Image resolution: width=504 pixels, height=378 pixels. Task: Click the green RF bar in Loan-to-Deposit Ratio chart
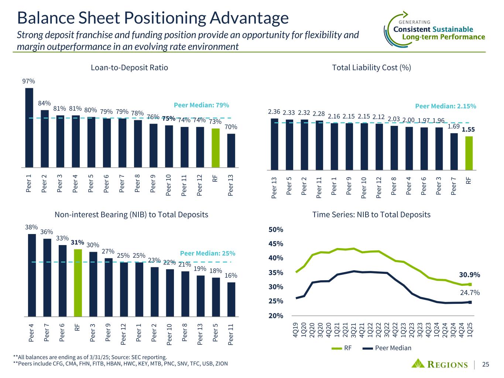(215, 148)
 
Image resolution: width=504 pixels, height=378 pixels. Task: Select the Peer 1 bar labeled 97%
(29, 127)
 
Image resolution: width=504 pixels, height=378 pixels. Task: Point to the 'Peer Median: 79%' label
(202, 105)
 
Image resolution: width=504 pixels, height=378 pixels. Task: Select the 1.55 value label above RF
(469, 130)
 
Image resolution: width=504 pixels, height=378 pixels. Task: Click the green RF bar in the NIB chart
(78, 283)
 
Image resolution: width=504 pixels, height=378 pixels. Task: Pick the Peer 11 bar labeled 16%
(231, 299)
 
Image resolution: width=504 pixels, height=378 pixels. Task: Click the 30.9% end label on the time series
(469, 275)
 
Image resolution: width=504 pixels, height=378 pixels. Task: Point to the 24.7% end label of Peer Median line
(470, 293)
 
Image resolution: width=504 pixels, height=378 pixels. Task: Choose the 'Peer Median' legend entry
(393, 348)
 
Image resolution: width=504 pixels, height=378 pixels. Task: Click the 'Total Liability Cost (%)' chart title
(371, 68)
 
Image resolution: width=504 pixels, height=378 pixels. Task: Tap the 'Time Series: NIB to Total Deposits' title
(371, 214)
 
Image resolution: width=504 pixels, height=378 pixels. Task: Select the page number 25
(486, 365)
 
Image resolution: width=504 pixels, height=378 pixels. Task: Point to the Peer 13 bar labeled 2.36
(274, 144)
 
